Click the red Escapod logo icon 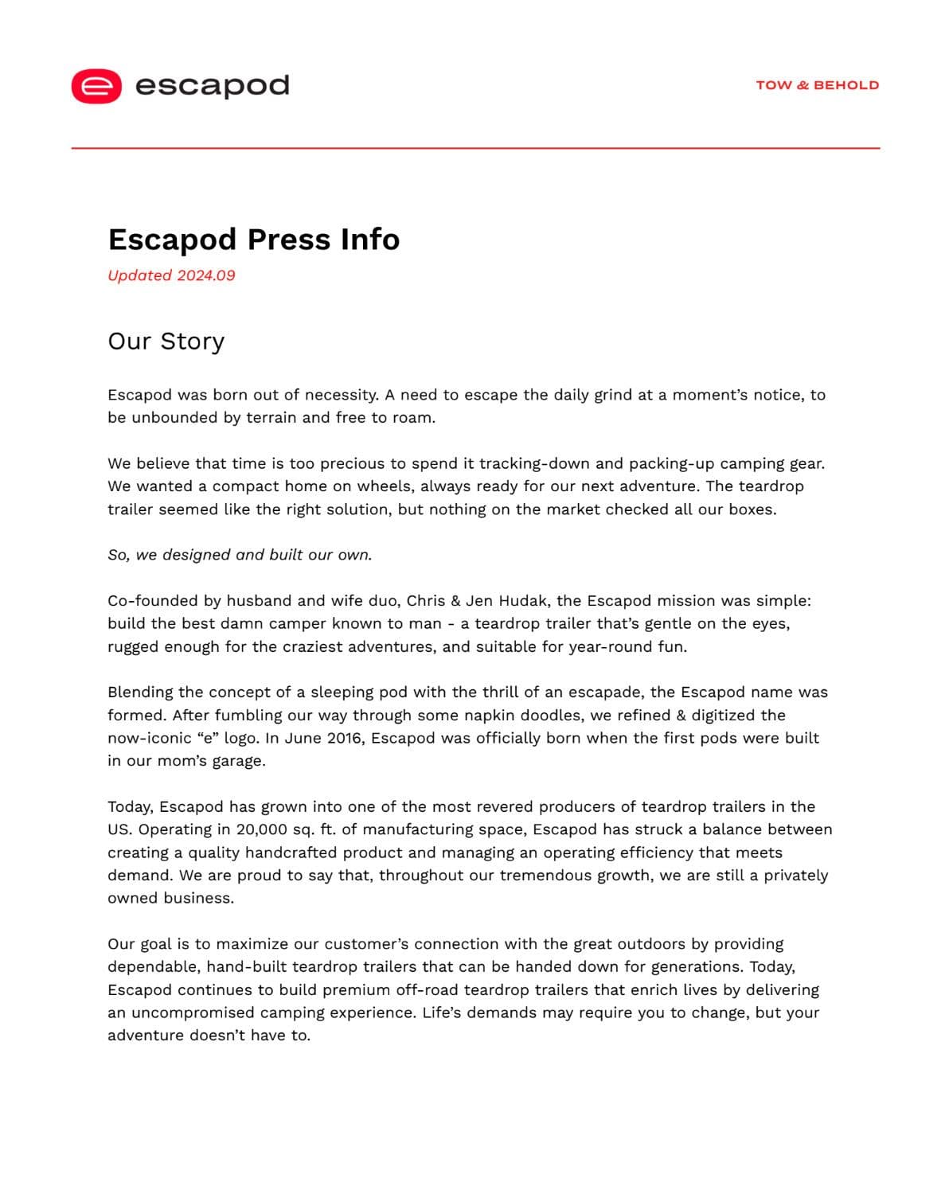96,86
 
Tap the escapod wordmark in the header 212,85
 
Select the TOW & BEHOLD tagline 817,85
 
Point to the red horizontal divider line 475,148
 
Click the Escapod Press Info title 253,240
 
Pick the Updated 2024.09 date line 171,275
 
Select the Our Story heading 166,341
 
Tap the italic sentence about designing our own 240,555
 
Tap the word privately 795,876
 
